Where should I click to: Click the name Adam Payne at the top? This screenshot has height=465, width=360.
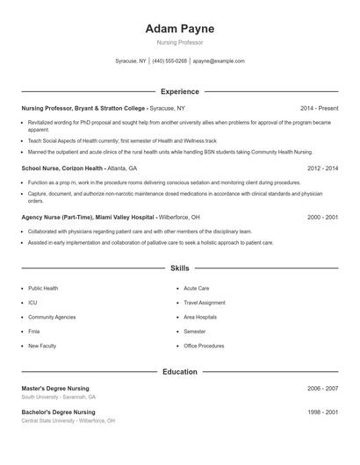(x=179, y=29)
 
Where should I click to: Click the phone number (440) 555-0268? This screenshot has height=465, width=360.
(x=169, y=61)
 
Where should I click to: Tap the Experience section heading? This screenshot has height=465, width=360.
(x=179, y=91)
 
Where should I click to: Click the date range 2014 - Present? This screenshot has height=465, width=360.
(x=319, y=108)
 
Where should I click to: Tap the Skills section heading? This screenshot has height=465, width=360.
(x=179, y=268)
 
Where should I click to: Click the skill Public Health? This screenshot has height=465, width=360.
(x=43, y=288)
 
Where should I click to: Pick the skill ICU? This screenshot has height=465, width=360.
(x=32, y=303)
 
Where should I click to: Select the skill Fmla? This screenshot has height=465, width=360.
(x=34, y=332)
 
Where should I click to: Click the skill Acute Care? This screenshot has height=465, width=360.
(x=196, y=288)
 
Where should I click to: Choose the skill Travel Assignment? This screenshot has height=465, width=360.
(x=205, y=303)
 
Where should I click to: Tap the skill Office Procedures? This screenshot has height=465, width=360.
(x=204, y=346)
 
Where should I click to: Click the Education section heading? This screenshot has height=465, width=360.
(x=179, y=372)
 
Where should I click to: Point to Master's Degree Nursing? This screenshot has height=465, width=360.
(x=55, y=388)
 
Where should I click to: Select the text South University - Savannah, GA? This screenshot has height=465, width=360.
(x=59, y=397)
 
